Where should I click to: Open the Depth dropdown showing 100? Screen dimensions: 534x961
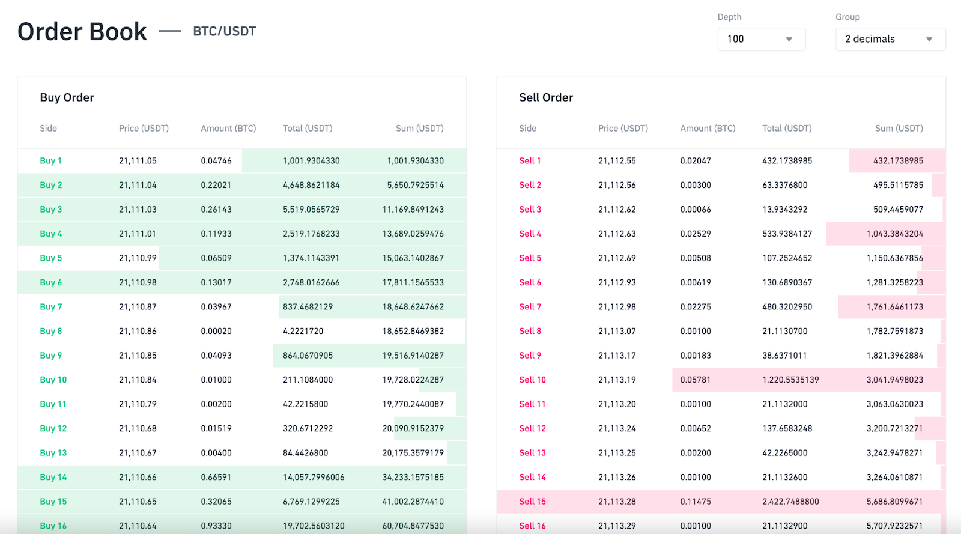pos(761,39)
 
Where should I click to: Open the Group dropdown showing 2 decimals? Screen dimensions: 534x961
pos(890,39)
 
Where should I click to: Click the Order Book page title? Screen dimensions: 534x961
pos(82,32)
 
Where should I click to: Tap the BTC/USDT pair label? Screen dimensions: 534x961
pos(224,31)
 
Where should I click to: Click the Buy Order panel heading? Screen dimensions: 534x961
pos(67,97)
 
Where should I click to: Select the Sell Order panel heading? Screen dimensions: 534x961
pos(546,97)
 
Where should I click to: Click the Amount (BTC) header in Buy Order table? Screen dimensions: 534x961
pos(228,128)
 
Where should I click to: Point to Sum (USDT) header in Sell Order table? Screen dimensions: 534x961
pos(899,128)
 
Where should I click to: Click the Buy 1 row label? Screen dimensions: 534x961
pos(50,160)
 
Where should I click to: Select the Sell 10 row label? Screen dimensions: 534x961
pos(532,380)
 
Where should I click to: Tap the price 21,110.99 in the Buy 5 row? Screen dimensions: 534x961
pos(138,258)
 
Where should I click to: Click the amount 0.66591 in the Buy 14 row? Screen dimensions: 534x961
pos(216,477)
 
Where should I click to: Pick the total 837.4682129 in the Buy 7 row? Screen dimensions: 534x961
pos(308,306)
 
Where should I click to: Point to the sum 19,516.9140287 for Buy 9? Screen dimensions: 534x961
pos(413,355)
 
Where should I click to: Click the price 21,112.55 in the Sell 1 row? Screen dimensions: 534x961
pos(617,160)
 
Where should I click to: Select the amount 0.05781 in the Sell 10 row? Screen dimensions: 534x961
pos(695,380)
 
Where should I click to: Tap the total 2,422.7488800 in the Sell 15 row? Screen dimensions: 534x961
pos(790,501)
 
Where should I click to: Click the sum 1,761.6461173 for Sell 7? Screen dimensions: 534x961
pos(894,306)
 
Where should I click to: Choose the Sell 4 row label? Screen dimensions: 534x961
pos(530,234)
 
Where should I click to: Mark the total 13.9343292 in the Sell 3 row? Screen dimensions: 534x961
pos(784,209)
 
